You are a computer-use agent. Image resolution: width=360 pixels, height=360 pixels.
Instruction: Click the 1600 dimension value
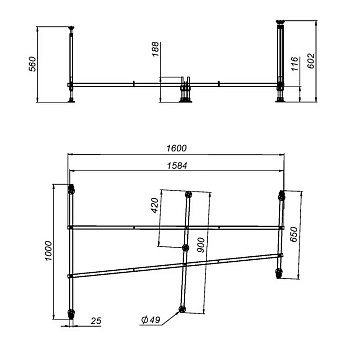(176, 148)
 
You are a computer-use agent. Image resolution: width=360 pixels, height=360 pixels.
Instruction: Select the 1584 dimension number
(177, 166)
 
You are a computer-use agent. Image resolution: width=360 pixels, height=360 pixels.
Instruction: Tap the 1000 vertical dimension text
(48, 251)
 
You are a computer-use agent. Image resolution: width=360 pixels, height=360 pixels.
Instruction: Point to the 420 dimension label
(154, 206)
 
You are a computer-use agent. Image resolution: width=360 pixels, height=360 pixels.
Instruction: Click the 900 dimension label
(201, 245)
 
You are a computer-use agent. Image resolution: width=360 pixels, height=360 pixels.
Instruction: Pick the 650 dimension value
(294, 235)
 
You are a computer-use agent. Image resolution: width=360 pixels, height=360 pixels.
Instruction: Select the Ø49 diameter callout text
(151, 320)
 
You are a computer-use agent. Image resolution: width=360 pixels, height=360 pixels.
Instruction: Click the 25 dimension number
(96, 321)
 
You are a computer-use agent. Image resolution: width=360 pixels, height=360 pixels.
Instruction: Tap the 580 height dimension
(32, 64)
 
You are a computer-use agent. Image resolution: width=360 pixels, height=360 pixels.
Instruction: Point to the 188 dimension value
(156, 49)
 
